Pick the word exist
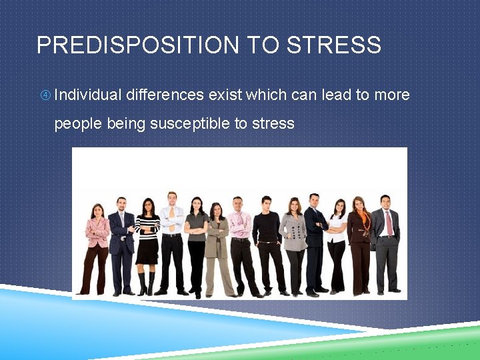point(225,95)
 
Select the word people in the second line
point(75,123)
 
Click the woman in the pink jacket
point(97,233)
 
